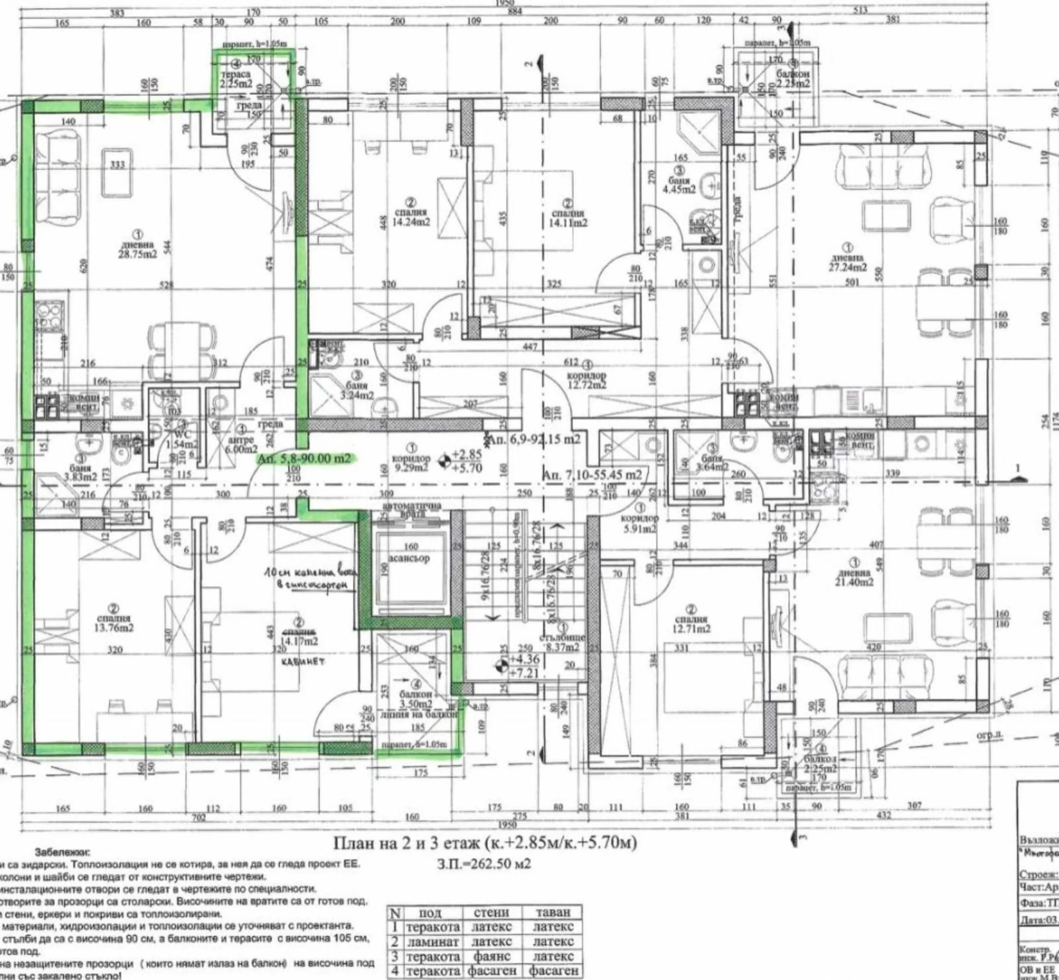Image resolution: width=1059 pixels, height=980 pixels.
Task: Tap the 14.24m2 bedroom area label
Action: click(411, 223)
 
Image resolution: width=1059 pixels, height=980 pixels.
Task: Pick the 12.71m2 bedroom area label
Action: click(691, 629)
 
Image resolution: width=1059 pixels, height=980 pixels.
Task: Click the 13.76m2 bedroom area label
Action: click(115, 628)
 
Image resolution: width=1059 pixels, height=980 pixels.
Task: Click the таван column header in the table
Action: click(552, 913)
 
